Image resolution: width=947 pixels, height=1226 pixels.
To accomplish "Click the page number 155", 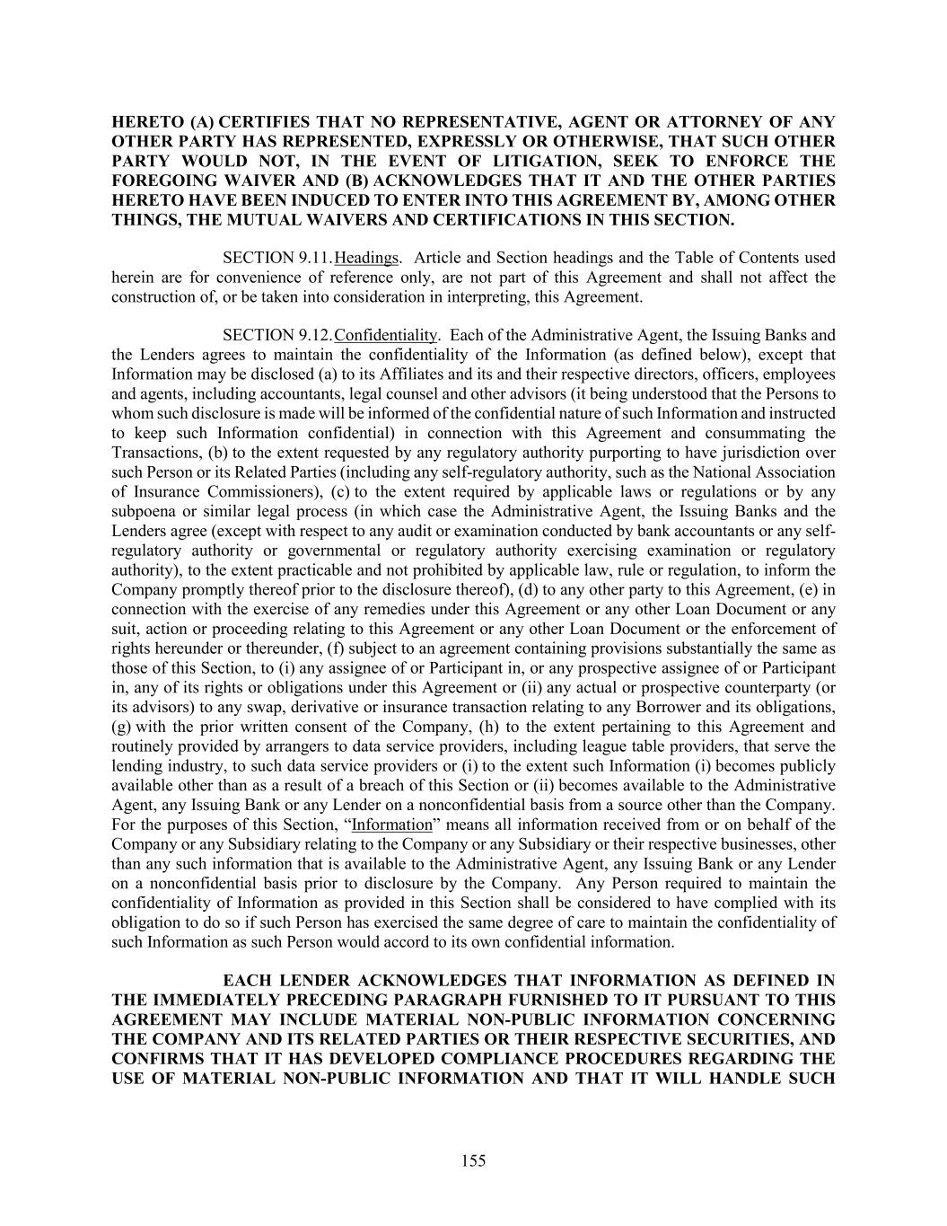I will pyautogui.click(x=473, y=1160).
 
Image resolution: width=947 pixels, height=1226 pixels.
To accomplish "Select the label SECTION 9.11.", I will pyautogui.click(x=276, y=259).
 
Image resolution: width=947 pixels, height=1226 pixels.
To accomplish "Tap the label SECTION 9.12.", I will pyautogui.click(x=276, y=336).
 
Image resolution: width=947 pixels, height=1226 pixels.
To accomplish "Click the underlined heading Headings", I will pyautogui.click(x=365, y=259).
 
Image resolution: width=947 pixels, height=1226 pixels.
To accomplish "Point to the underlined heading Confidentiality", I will pyautogui.click(x=385, y=336).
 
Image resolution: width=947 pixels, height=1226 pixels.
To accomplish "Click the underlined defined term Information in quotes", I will pyautogui.click(x=392, y=825).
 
